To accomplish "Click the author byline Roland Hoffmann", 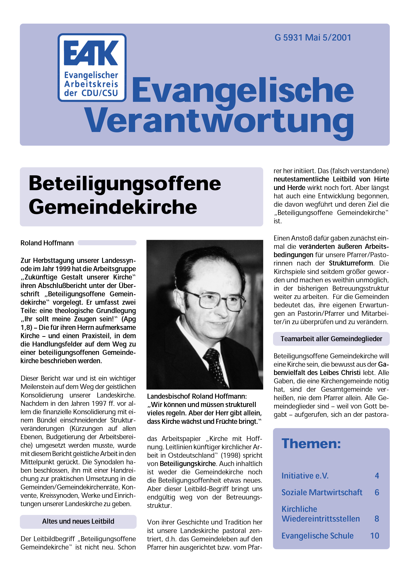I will coord(47,243).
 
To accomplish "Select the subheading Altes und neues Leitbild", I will coord(78,521).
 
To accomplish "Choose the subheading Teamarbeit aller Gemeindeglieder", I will coord(331,339).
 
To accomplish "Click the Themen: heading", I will coord(311,444).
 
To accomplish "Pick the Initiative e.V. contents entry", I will coord(305,476).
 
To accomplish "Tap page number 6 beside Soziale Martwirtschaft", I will coord(377,492).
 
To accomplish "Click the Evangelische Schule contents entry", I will coord(317,536).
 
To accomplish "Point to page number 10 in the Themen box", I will coord(375,536).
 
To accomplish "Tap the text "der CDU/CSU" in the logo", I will coord(91,93).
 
